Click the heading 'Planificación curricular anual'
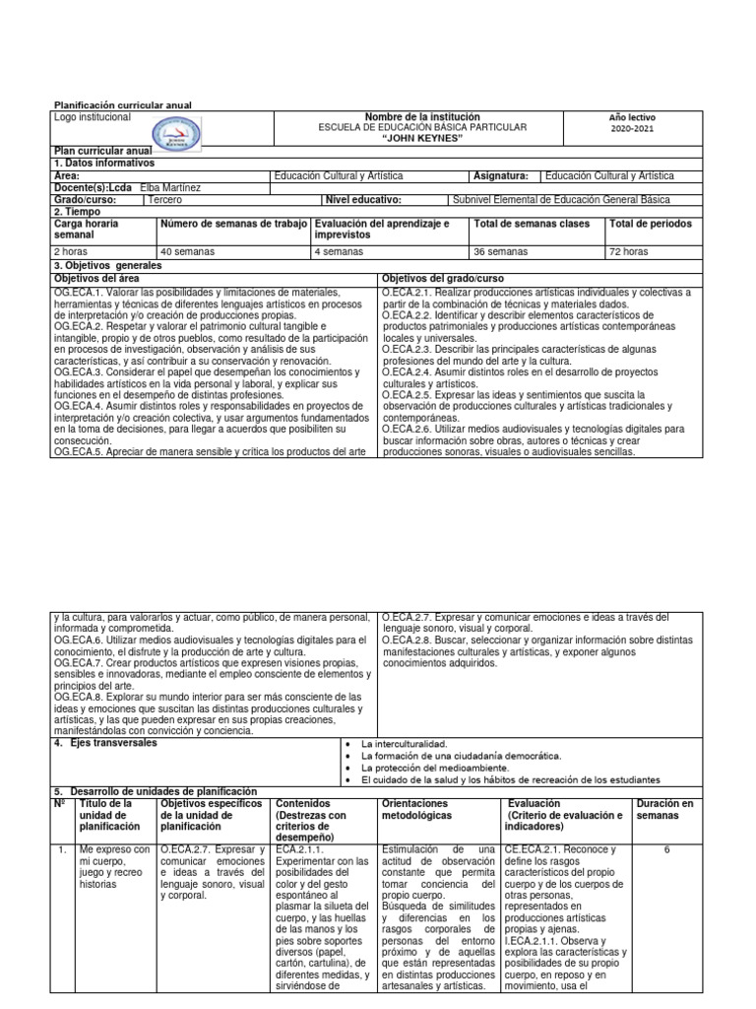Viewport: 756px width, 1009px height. (x=121, y=104)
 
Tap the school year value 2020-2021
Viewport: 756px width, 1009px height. (x=631, y=128)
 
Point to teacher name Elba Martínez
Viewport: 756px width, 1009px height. (x=175, y=187)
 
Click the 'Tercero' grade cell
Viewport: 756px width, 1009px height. (x=164, y=199)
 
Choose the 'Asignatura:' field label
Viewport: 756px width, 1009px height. (x=502, y=175)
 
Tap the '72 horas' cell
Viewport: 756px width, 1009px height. (x=631, y=252)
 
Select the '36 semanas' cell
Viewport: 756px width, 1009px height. (x=500, y=252)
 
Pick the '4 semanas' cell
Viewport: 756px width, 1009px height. (x=336, y=252)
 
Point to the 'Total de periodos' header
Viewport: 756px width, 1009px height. (x=651, y=224)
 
